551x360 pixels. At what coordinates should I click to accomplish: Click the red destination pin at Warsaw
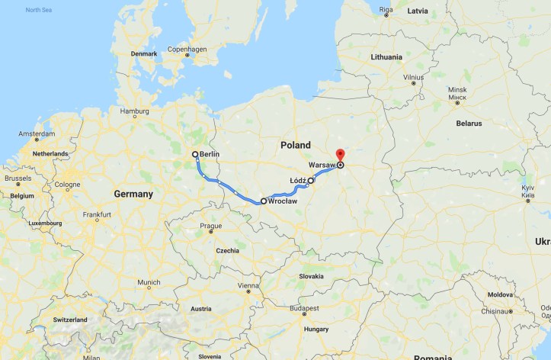[341, 156]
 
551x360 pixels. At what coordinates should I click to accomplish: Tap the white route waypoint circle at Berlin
[196, 154]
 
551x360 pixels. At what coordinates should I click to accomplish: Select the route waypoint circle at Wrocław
[264, 201]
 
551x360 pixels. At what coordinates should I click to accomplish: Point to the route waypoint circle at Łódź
[311, 181]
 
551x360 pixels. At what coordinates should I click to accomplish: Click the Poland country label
[295, 145]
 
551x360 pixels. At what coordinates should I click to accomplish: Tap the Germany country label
[133, 194]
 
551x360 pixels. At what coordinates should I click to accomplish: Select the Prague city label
[210, 226]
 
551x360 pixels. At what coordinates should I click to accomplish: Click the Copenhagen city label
[187, 50]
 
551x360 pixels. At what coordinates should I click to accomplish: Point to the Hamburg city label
[134, 111]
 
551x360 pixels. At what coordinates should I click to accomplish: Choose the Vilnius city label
[414, 77]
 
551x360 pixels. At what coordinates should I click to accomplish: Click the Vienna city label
[248, 285]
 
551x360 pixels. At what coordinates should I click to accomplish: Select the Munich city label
[149, 282]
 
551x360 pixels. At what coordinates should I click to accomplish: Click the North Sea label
[38, 10]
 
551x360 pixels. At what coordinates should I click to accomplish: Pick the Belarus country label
[469, 123]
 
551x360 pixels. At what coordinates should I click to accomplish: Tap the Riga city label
[386, 10]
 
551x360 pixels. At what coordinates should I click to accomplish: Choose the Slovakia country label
[311, 275]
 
